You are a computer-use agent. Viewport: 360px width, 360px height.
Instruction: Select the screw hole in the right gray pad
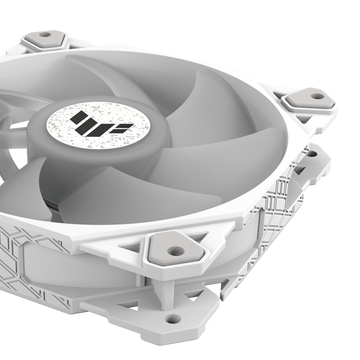coord(317,96)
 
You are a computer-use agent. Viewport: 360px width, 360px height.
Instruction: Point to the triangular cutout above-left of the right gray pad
coord(279,95)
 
